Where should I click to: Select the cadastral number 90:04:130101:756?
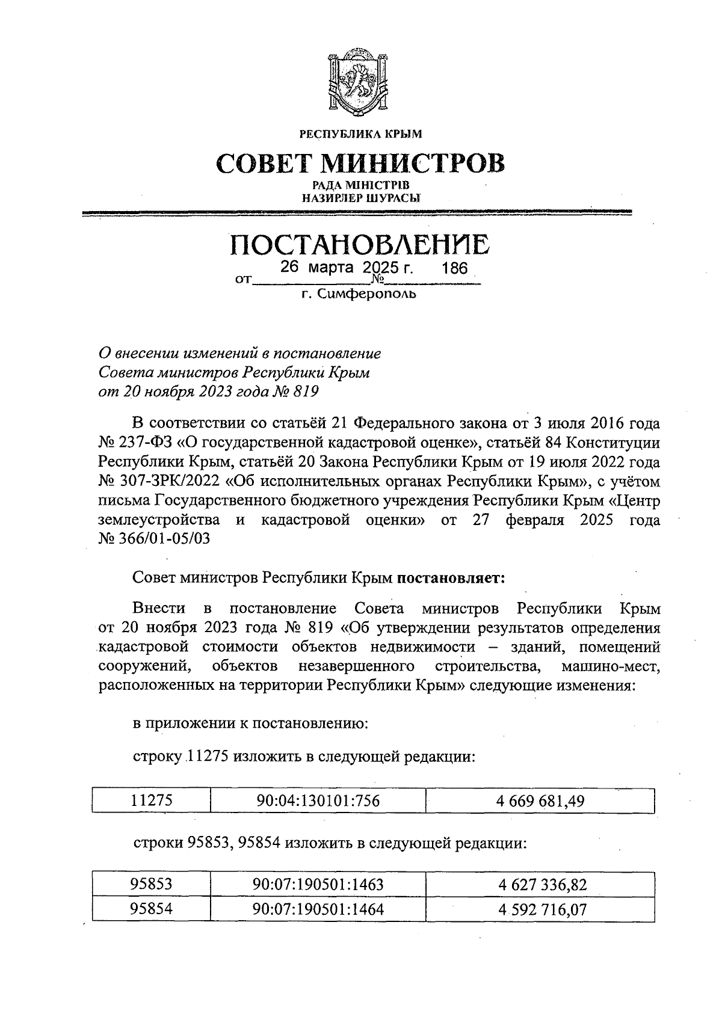318,801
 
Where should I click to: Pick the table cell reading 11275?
152,801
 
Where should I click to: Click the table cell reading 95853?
152,885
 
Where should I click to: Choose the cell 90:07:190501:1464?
318,909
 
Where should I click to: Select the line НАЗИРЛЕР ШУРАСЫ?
360,197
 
